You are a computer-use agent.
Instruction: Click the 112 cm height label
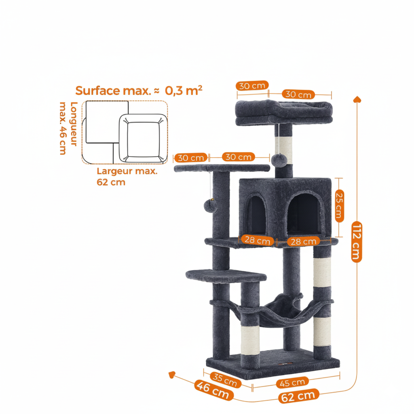[357, 242]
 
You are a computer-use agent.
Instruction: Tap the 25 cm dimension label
[339, 206]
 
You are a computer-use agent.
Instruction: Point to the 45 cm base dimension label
[292, 382]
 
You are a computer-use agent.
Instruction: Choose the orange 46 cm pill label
[213, 390]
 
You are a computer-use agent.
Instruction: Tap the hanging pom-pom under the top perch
[279, 160]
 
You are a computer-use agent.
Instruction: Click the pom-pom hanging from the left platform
[210, 205]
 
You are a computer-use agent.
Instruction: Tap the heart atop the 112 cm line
[357, 99]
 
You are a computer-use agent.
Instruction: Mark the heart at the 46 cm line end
[172, 375]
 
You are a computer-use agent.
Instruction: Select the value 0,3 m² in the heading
[184, 90]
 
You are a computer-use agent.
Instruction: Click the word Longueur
[74, 124]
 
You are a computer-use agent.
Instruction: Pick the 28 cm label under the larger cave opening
[303, 242]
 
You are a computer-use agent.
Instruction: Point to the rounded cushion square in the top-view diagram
[143, 138]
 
